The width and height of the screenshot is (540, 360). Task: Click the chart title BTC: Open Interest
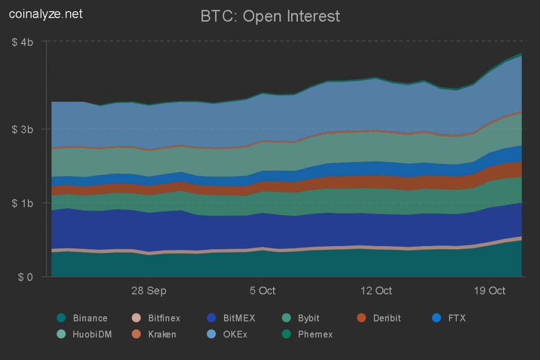tap(270, 16)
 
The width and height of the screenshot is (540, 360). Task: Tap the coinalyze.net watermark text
tap(46, 14)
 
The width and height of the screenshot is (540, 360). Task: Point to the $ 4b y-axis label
tap(23, 42)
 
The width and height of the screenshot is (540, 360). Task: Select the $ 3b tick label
tap(23, 130)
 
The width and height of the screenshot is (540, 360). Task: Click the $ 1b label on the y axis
tap(23, 203)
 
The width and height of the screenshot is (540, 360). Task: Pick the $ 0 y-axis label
tap(25, 277)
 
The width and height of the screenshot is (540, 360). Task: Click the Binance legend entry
tap(90, 318)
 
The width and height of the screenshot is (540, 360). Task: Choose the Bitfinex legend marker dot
tap(136, 318)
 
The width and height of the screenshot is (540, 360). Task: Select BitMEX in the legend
tap(239, 318)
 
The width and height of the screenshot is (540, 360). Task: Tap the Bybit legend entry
tap(308, 318)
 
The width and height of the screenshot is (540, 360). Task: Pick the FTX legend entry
tap(457, 318)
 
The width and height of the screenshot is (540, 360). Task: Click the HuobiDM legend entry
tap(92, 334)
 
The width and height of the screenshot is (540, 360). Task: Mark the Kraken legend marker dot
tap(136, 334)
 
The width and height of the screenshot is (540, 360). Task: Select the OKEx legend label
tap(236, 334)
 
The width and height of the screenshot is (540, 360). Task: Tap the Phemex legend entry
tap(315, 334)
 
